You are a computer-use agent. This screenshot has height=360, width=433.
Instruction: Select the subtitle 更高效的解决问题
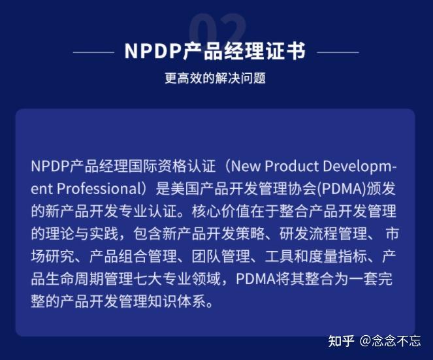216,78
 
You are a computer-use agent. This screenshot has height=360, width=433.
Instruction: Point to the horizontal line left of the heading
93,52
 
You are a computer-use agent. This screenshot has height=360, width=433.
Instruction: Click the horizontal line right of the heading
338,52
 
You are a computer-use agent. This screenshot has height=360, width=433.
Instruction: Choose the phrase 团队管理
210,257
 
